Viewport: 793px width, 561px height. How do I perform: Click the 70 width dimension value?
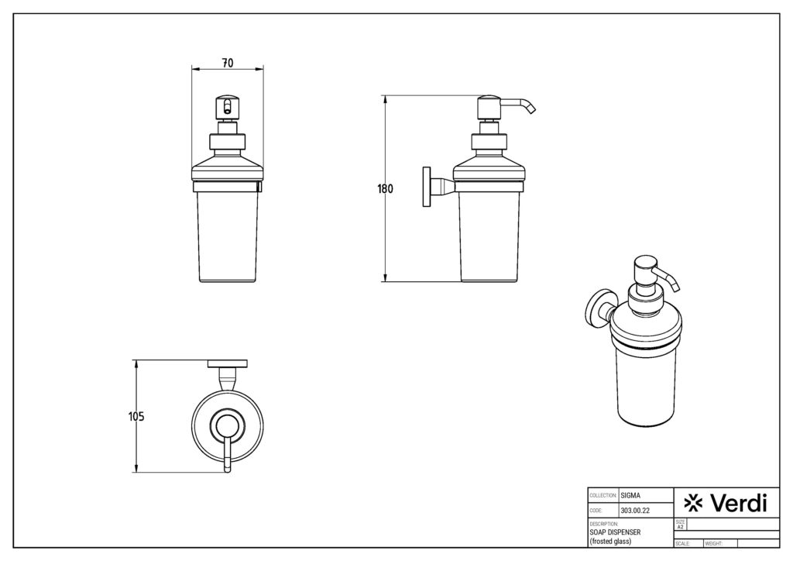(228, 62)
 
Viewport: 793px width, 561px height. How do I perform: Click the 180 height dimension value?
(386, 188)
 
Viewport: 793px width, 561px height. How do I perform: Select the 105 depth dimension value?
(136, 416)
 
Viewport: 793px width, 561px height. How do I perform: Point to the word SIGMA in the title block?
(630, 494)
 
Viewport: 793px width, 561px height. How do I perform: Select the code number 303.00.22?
(634, 511)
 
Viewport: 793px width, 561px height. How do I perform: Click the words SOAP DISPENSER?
(616, 532)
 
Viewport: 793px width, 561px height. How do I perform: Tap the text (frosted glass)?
(611, 541)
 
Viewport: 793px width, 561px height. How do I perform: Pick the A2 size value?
(680, 527)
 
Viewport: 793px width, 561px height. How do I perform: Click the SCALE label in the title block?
(682, 544)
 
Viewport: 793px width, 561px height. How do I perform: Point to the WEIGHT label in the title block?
(714, 544)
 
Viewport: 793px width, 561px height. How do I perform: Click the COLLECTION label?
(602, 495)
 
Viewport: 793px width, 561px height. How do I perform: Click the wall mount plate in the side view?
(425, 187)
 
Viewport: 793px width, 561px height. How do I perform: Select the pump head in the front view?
(227, 106)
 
